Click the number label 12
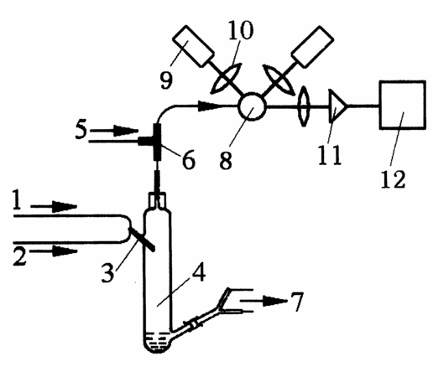[393, 179]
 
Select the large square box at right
[403, 105]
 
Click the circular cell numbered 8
[252, 106]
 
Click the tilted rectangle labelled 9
[193, 46]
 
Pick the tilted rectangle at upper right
[312, 46]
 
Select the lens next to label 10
[227, 79]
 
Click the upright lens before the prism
[304, 106]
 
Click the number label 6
[189, 161]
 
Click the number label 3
[107, 273]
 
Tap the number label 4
[198, 271]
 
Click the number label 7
[296, 302]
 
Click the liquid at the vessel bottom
[157, 342]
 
